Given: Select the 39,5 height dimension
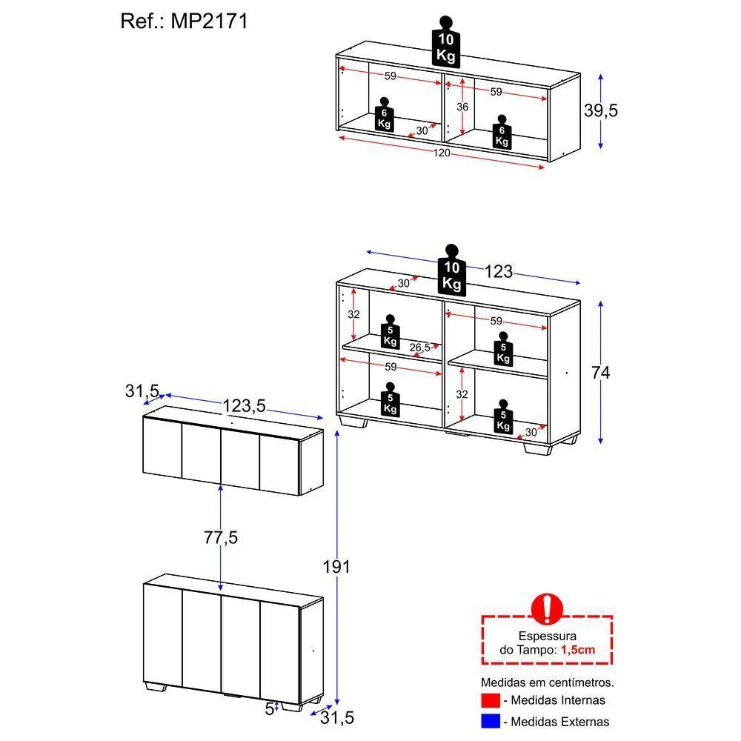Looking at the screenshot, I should point(600,110).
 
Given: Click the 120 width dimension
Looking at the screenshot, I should point(442,153).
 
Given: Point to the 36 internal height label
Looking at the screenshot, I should point(462,107).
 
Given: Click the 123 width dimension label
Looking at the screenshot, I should point(498,272).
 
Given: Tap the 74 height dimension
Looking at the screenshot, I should point(600,373).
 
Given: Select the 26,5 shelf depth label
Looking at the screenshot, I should point(419,348).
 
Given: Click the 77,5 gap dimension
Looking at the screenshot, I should point(221,538).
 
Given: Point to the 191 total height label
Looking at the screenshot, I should point(336,567).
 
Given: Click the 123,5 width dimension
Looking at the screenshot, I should point(244,405).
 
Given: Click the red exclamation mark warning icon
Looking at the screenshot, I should point(547,608).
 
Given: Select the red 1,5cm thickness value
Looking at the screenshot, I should point(577,650).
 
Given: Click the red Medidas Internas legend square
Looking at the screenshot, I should point(490,700).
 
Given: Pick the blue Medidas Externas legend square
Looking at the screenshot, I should point(490,721).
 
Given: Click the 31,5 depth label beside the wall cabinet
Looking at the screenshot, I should point(142,390).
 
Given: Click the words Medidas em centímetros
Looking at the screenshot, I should point(547,682).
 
